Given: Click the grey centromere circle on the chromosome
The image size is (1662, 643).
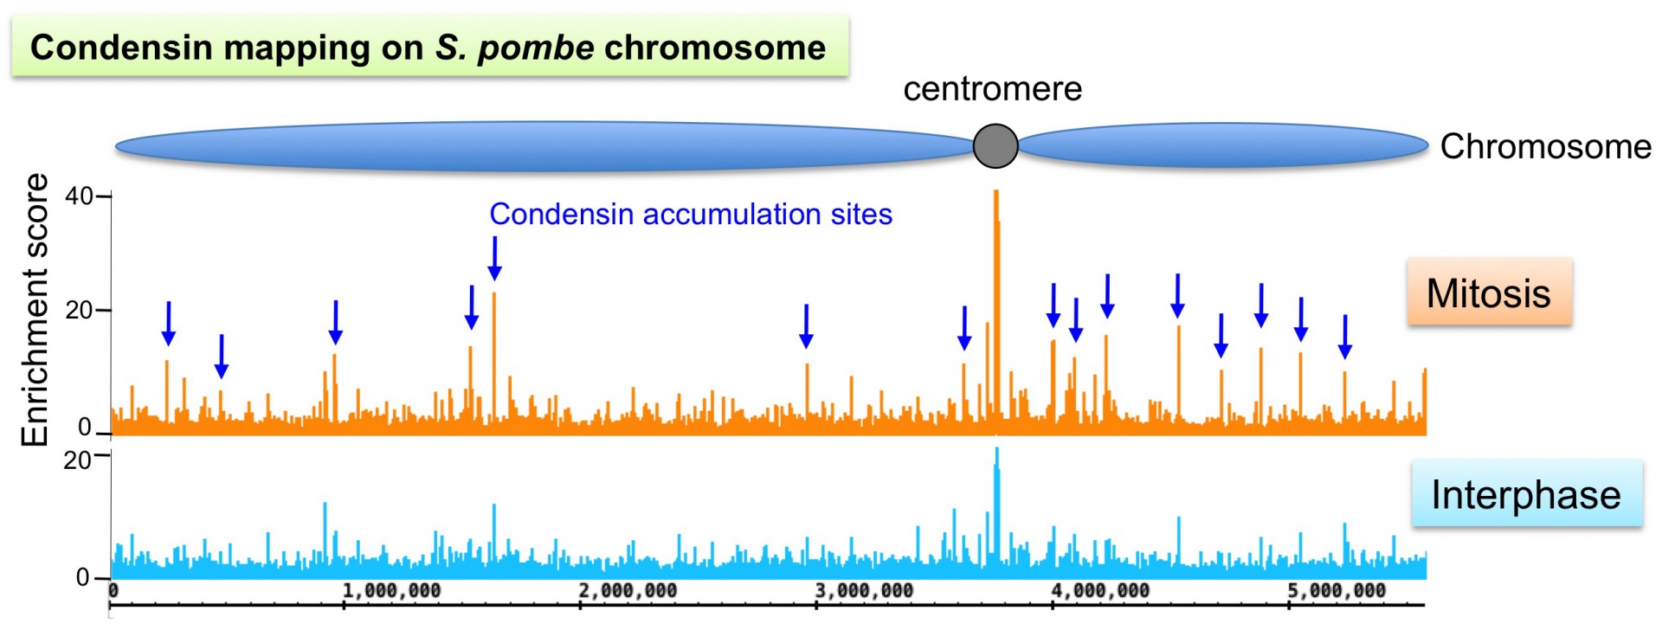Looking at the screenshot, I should pos(995,145).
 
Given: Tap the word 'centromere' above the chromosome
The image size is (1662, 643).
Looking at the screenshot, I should pos(992,89).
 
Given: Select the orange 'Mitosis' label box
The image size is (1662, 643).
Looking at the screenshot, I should pos(1488,293).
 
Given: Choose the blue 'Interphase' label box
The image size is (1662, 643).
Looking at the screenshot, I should pos(1525,494).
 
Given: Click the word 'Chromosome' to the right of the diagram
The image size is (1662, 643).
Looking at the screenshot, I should pos(1545,146).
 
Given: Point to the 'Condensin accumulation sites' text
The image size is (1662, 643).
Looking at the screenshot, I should pos(690,214).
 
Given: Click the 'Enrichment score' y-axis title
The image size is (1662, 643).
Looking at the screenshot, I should pos(35,310).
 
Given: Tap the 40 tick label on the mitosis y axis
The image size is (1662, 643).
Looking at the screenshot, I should pos(79,196).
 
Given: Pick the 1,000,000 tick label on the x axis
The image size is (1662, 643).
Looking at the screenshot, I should pos(391,590).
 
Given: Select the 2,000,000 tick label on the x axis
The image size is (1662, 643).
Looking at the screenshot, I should pos(628,590).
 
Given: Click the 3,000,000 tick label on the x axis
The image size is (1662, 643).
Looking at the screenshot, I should pos(864,590).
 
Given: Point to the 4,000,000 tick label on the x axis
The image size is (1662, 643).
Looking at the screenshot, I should pos(1100,590).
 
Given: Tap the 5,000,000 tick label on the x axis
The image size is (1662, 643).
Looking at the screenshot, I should pos(1337,590).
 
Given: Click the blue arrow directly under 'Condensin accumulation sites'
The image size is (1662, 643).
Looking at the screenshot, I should pos(494,259).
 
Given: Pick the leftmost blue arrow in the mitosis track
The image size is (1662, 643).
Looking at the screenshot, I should pos(169,323).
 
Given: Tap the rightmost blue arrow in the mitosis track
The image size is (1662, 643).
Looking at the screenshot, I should pos(1344,337).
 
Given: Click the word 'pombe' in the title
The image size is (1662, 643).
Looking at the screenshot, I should pos(536,48).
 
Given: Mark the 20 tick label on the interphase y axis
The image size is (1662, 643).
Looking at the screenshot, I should pos(77,460).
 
